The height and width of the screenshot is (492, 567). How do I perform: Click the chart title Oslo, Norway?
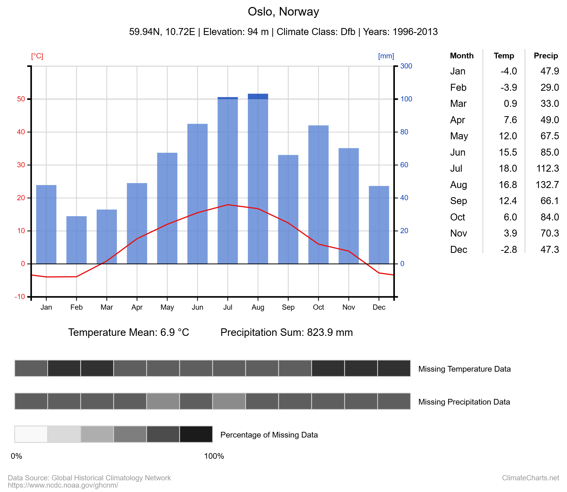pyautogui.click(x=283, y=11)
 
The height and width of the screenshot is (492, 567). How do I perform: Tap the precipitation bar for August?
pyautogui.click(x=258, y=178)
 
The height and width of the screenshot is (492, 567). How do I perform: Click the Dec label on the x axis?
pyautogui.click(x=379, y=307)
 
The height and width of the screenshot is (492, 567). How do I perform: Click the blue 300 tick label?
pyautogui.click(x=406, y=66)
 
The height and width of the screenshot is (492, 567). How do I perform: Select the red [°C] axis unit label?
pyautogui.click(x=37, y=56)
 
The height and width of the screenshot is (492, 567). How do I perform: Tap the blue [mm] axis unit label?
pyautogui.click(x=386, y=56)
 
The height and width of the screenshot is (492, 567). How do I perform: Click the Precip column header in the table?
pyautogui.click(x=545, y=56)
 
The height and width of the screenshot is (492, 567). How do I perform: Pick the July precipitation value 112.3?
pyautogui.click(x=548, y=168)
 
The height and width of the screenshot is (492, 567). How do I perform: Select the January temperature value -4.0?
pyautogui.click(x=509, y=71)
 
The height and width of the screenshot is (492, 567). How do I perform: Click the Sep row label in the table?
pyautogui.click(x=458, y=201)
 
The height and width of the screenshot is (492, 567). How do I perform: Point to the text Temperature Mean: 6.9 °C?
pyautogui.click(x=129, y=332)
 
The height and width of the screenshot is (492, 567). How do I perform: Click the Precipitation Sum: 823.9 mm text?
pyautogui.click(x=286, y=332)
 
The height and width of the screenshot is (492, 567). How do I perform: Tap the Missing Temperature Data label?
pyautogui.click(x=464, y=369)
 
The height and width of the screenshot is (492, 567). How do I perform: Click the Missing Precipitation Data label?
pyautogui.click(x=464, y=402)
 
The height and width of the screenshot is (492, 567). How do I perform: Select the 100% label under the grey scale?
pyautogui.click(x=214, y=456)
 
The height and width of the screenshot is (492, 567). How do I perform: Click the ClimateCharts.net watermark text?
pyautogui.click(x=530, y=478)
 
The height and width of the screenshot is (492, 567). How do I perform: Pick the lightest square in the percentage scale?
pyautogui.click(x=31, y=434)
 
